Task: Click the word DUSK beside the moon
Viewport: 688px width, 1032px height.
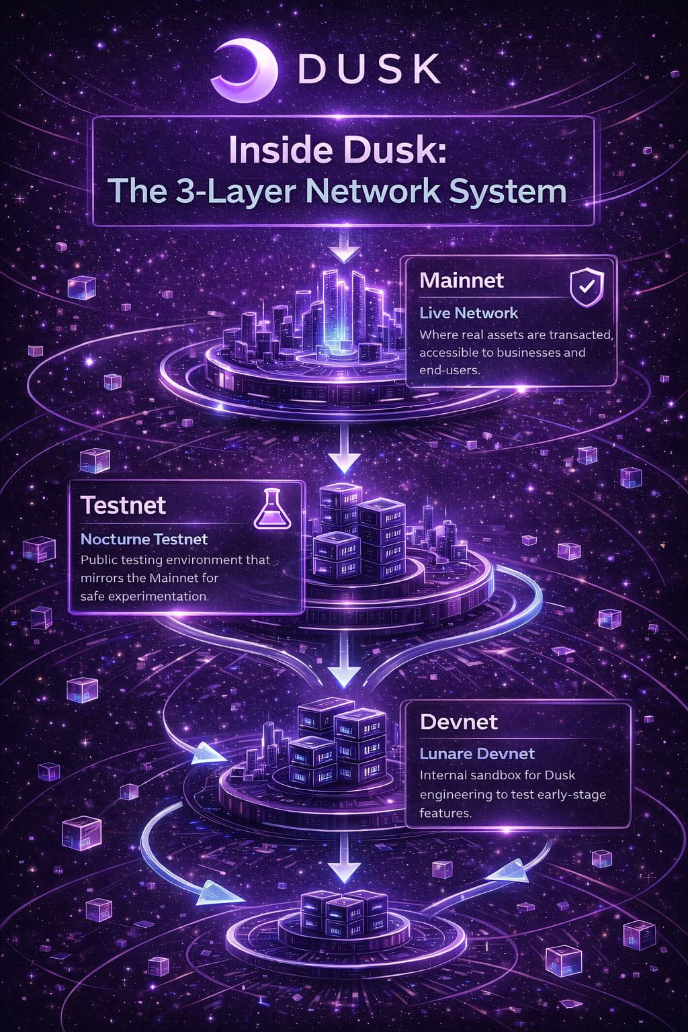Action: point(370,69)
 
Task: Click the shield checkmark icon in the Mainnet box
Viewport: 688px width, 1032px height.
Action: point(587,288)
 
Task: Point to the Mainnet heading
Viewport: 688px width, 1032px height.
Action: point(462,281)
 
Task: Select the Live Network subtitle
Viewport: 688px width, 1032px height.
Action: point(469,313)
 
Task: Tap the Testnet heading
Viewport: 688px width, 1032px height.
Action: point(123,505)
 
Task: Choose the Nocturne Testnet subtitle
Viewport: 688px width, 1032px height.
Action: point(144,539)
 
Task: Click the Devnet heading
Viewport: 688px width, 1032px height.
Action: point(459,722)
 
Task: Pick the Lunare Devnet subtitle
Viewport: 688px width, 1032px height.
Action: point(477,754)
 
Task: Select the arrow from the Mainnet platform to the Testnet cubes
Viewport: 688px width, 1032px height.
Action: point(345,450)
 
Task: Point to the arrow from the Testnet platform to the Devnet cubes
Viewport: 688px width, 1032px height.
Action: point(345,659)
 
